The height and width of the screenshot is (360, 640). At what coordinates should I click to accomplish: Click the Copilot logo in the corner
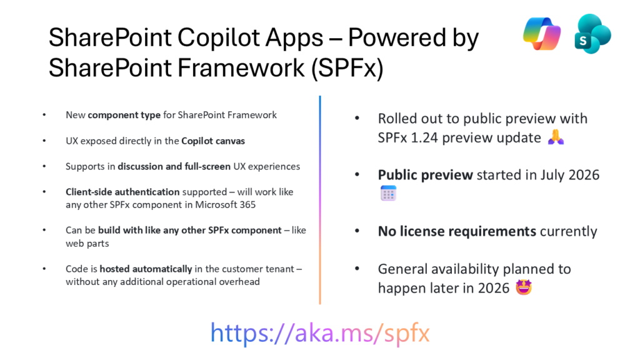pyautogui.click(x=542, y=34)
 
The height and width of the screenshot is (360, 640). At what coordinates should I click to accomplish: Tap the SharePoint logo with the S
pyautogui.click(x=592, y=34)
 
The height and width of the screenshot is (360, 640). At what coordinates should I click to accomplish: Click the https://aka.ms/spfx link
pyautogui.click(x=320, y=333)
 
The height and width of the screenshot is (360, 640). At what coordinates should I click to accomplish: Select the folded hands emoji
pyautogui.click(x=556, y=137)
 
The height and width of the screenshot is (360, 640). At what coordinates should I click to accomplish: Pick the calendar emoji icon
pyautogui.click(x=388, y=193)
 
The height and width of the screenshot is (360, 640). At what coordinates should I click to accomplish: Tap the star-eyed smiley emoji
pyautogui.click(x=524, y=287)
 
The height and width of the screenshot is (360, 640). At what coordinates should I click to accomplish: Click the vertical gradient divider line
pyautogui.click(x=320, y=200)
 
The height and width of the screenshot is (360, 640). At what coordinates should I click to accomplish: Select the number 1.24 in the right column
pyautogui.click(x=424, y=138)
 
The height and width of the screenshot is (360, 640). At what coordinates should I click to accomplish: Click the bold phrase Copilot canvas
pyautogui.click(x=213, y=141)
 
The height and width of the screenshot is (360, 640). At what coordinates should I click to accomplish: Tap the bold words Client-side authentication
pyautogui.click(x=122, y=192)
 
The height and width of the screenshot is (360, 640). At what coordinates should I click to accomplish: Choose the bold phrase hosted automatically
pyautogui.click(x=146, y=269)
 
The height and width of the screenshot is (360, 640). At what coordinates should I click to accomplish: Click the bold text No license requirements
pyautogui.click(x=457, y=231)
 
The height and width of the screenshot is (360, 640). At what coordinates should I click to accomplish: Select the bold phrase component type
pyautogui.click(x=124, y=116)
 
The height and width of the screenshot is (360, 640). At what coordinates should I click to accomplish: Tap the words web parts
pyautogui.click(x=87, y=244)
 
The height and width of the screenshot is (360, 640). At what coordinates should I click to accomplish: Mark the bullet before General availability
pyautogui.click(x=357, y=269)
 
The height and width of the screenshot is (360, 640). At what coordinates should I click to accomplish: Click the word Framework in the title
pyautogui.click(x=241, y=67)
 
